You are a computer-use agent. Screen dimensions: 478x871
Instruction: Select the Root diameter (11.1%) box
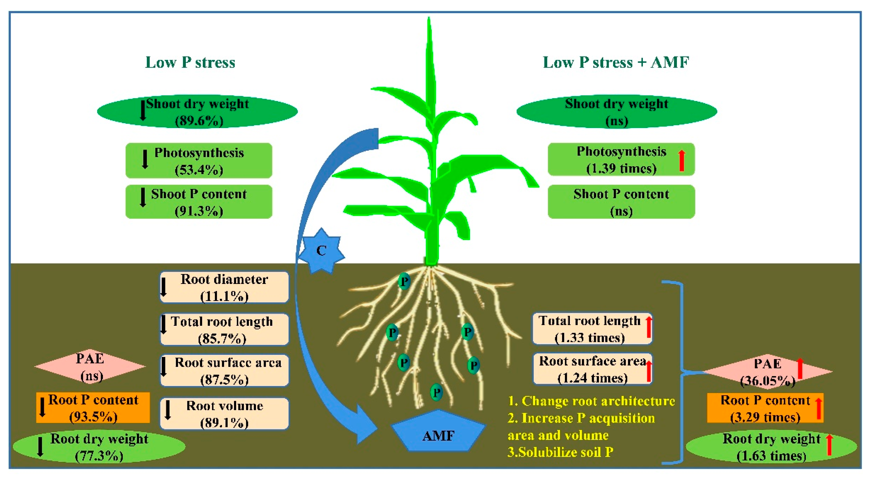coord(224,287)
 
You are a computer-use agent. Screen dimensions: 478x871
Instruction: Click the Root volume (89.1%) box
coord(224,413)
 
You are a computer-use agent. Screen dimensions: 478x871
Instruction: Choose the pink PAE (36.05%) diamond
coord(768,372)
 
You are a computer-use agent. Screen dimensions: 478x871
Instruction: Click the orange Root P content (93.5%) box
coord(93,407)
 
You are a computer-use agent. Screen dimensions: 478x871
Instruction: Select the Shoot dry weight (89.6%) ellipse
coord(197,111)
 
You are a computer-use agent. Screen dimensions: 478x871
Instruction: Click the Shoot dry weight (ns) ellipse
coord(617,111)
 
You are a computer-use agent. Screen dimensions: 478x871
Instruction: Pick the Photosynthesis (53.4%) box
coord(199,161)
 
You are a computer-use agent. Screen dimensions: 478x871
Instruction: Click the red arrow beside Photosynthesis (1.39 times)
coord(682,161)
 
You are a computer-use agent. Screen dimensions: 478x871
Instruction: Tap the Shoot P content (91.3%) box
coord(199,202)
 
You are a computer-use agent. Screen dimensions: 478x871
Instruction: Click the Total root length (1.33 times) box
coord(592,329)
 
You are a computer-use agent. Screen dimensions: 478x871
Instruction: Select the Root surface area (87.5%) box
coord(224,370)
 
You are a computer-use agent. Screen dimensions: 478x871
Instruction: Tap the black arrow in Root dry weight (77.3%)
coord(40,447)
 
